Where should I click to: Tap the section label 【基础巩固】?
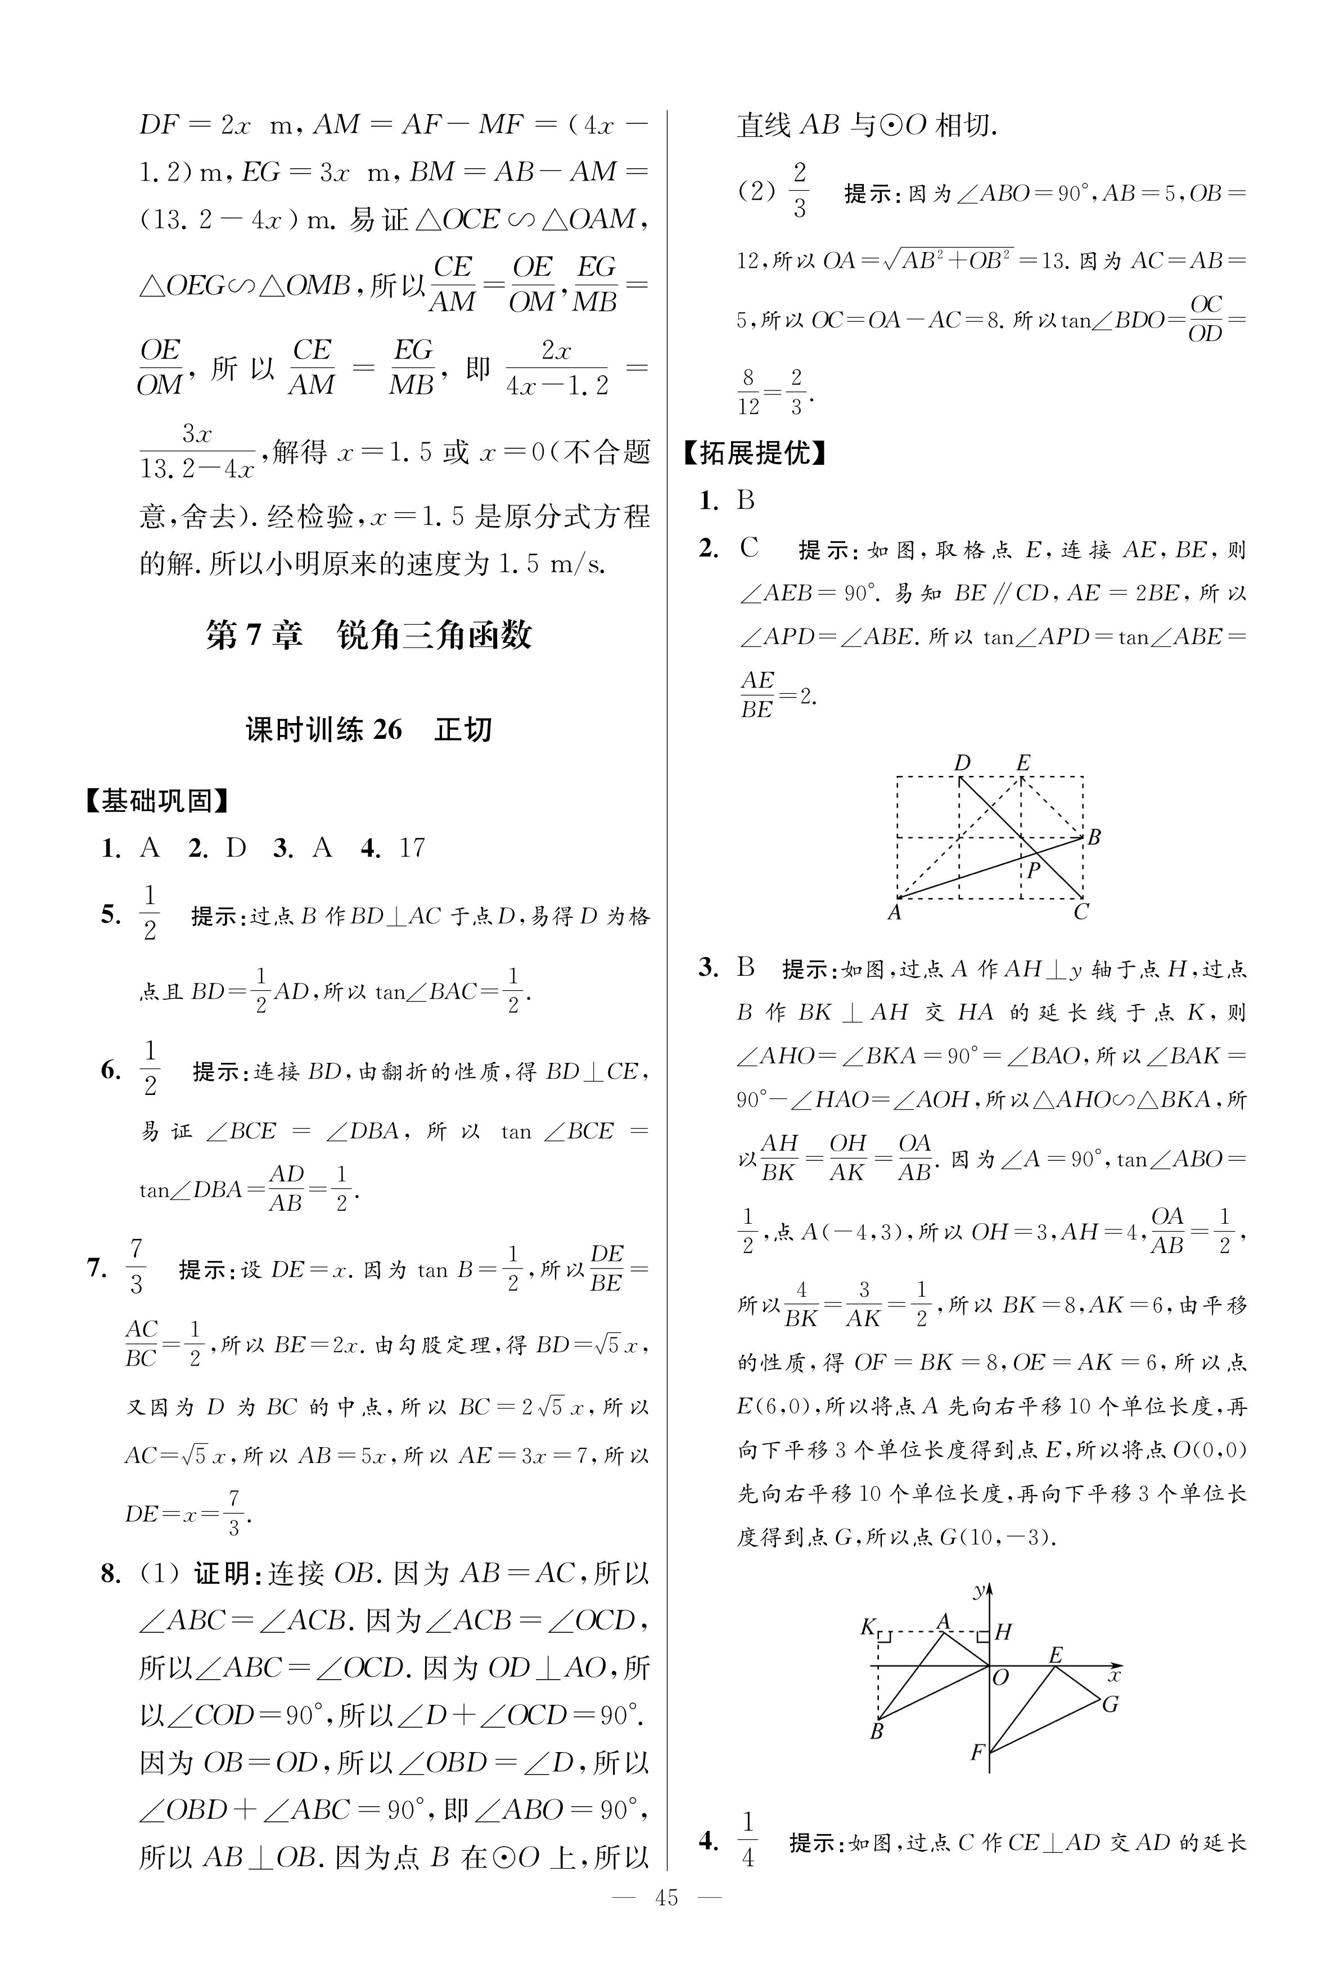click(157, 801)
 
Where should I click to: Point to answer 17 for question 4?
click(411, 847)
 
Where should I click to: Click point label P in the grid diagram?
click(1034, 869)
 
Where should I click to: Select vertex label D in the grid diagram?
click(962, 763)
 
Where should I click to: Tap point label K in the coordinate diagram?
click(868, 1627)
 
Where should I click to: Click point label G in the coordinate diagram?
click(1110, 1704)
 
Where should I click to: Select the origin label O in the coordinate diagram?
click(1000, 1678)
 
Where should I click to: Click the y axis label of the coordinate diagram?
click(980, 1590)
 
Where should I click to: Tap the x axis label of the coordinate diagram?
click(1113, 1675)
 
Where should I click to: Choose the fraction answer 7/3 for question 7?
click(136, 1267)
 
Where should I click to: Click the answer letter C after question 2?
click(749, 547)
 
